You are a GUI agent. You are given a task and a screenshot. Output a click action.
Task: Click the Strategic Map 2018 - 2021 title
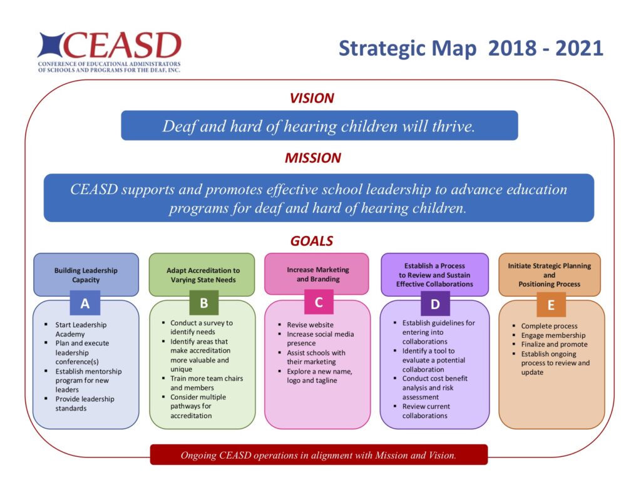471,48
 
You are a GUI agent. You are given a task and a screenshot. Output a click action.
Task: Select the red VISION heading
311,98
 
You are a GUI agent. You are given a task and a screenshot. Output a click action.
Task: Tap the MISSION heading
312,158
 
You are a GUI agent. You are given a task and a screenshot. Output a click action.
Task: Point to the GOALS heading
311,241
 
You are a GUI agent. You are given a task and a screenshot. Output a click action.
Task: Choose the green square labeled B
203,303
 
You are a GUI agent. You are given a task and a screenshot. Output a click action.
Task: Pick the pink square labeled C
319,302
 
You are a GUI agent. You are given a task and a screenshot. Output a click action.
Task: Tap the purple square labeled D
434,304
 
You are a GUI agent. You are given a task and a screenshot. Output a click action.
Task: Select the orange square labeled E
551,305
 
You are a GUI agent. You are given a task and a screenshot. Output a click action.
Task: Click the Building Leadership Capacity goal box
86,275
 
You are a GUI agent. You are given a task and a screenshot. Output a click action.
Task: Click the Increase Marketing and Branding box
318,274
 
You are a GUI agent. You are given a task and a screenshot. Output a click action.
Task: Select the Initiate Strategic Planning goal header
549,275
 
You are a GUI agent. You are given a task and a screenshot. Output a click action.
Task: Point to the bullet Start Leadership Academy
81,329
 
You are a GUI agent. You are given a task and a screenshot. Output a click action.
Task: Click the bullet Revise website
310,325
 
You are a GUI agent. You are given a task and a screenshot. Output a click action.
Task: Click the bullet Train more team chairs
206,383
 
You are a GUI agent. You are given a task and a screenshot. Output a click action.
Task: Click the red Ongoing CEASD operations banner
319,455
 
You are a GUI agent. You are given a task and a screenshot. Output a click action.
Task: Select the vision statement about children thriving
319,126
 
